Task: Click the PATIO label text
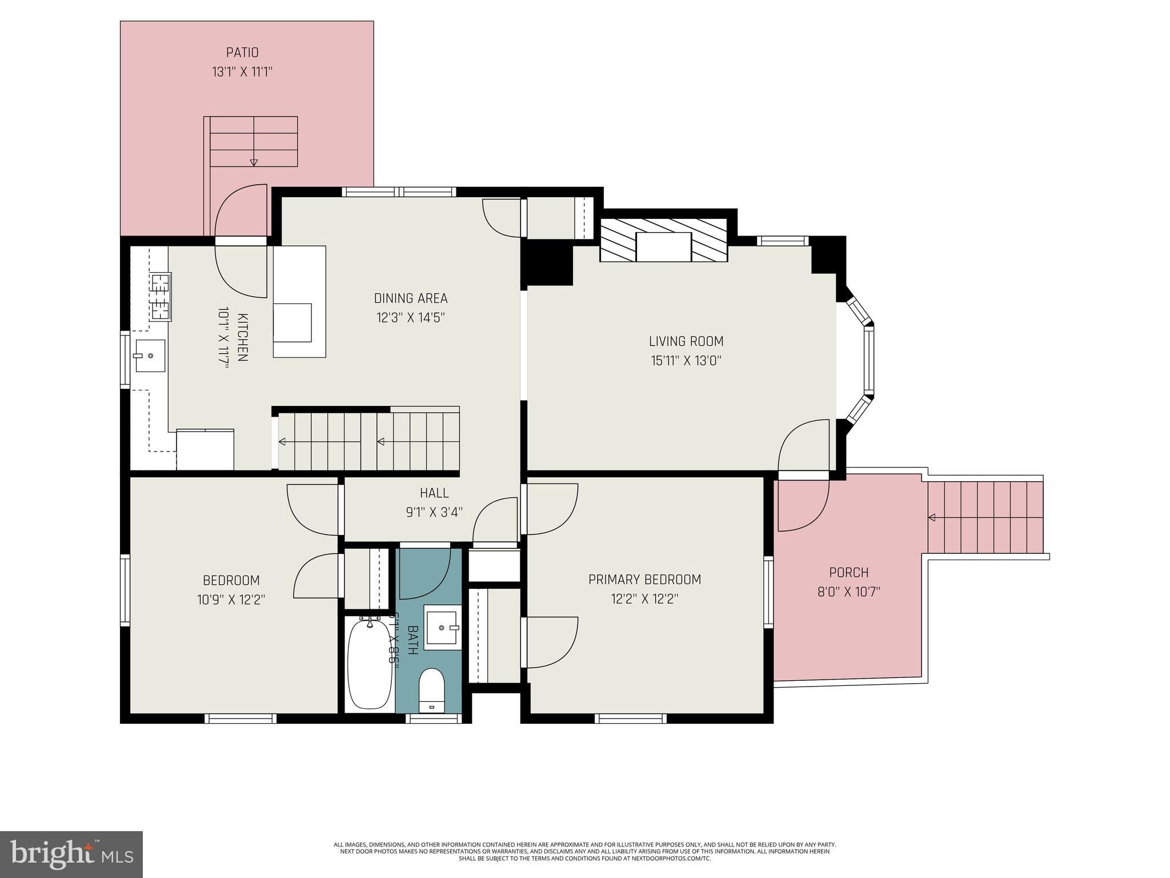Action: pos(242,53)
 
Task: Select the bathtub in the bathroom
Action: pos(370,664)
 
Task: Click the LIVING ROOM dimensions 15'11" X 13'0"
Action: pos(686,361)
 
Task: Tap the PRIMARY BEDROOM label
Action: pos(644,580)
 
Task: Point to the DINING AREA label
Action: pos(411,298)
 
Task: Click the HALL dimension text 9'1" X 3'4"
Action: pos(434,512)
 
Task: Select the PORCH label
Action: pos(848,572)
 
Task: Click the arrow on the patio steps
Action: pos(254,162)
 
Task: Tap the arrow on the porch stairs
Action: pos(931,518)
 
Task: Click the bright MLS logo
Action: pos(71,854)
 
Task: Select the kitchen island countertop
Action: pos(299,301)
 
